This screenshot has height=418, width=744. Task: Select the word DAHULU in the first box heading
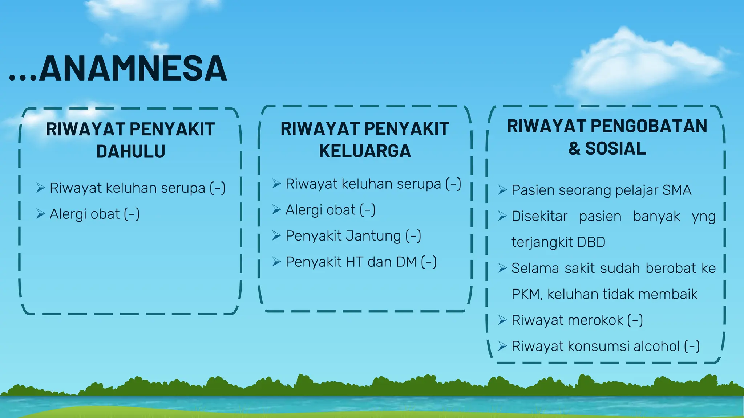pyautogui.click(x=130, y=151)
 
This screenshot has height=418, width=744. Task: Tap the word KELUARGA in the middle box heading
pyautogui.click(x=365, y=151)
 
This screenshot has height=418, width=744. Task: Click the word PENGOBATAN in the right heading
pyautogui.click(x=649, y=126)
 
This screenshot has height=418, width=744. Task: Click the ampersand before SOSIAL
pyautogui.click(x=574, y=149)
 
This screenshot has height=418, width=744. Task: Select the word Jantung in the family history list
pyautogui.click(x=373, y=236)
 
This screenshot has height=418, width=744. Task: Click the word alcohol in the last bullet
pyautogui.click(x=656, y=346)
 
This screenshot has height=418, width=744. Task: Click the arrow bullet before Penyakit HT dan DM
pyautogui.click(x=276, y=262)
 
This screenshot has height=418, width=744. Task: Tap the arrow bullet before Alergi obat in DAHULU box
pyautogui.click(x=40, y=214)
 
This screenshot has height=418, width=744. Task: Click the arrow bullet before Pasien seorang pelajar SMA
pyautogui.click(x=502, y=190)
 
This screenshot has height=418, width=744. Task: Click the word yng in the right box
pyautogui.click(x=703, y=217)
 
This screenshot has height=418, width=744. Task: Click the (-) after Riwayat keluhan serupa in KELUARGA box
pyautogui.click(x=453, y=184)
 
